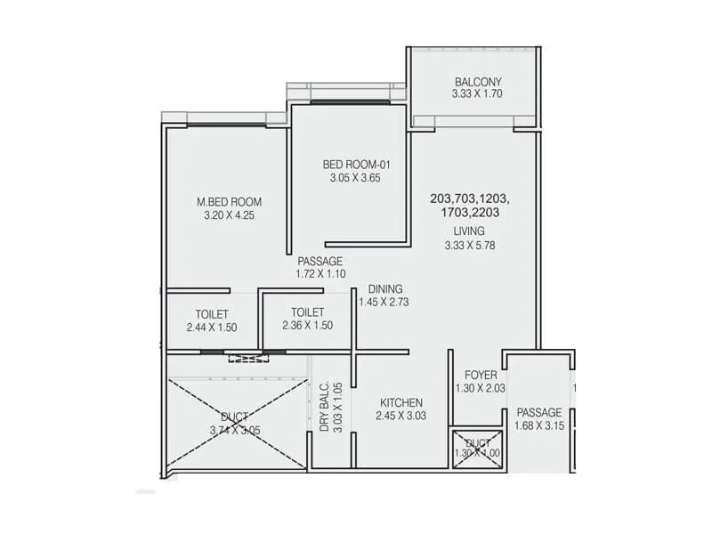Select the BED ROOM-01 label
click(356, 165)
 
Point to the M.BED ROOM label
click(229, 202)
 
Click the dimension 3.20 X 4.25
click(229, 215)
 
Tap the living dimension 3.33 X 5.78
click(469, 246)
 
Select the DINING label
click(385, 289)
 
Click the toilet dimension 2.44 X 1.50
click(213, 328)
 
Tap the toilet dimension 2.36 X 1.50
click(307, 326)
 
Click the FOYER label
click(480, 376)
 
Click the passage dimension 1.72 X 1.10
click(320, 275)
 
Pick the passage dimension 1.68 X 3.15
click(539, 426)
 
